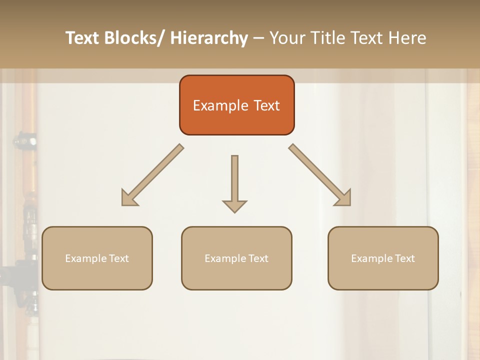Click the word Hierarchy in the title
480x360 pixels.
[x=209, y=38]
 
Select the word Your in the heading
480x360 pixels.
[x=287, y=38]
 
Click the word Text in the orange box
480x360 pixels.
[x=266, y=105]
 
